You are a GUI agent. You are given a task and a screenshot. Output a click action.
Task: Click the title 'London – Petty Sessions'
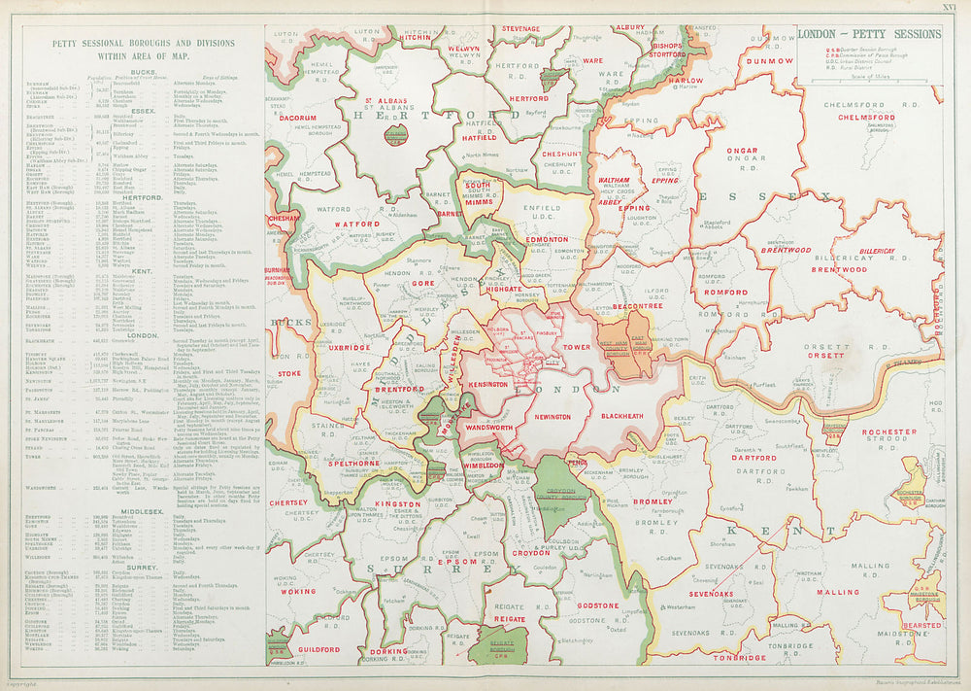[x=869, y=34]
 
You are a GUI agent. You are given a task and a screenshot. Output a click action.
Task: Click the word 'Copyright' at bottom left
[x=39, y=684]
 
